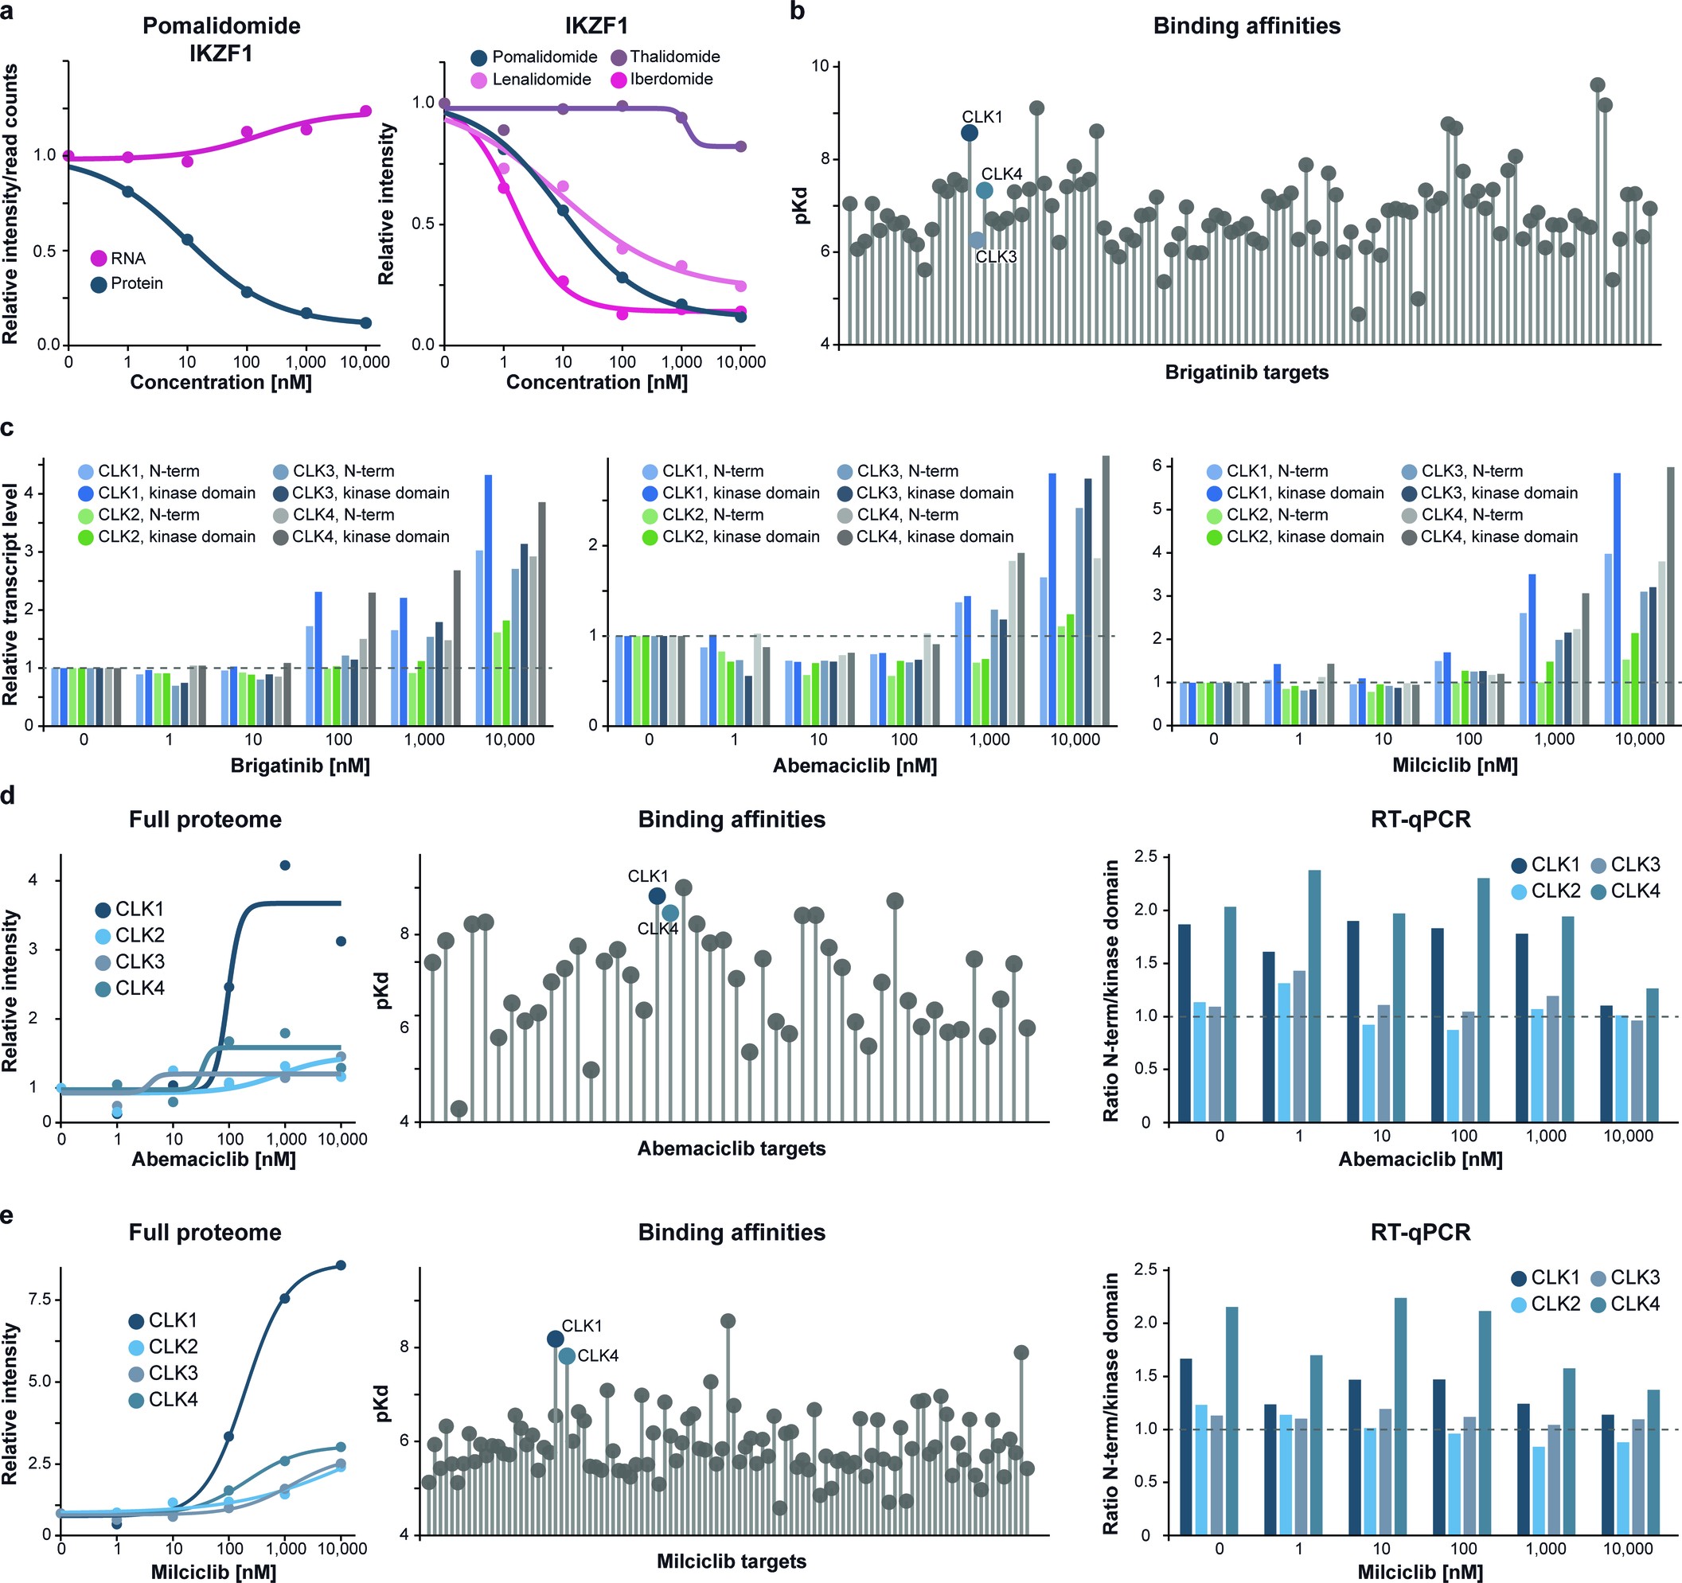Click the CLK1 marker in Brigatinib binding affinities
pos(970,133)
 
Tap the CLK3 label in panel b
pos(996,256)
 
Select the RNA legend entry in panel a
pos(118,259)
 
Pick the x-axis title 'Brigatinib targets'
pos(1247,372)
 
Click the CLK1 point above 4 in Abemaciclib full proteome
pos(285,864)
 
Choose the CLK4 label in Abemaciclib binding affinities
pos(658,929)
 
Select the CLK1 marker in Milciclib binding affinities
pos(555,1339)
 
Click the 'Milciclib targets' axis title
pos(731,1561)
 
